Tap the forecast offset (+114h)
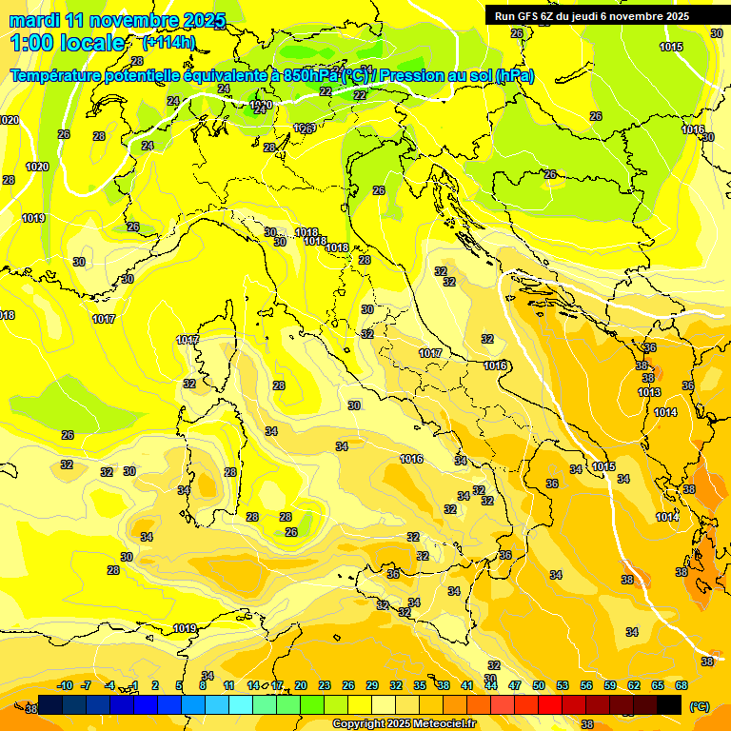[x=168, y=42]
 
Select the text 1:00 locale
[x=68, y=43]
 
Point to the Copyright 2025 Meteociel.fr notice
[x=405, y=723]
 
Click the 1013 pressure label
[x=649, y=392]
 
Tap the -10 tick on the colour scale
[x=66, y=685]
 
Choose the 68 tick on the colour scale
[x=682, y=685]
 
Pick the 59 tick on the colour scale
[x=610, y=685]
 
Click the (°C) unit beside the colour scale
[x=700, y=706]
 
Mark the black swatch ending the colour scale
[x=669, y=704]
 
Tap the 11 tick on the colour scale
[x=228, y=685]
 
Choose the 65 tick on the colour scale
[x=658, y=685]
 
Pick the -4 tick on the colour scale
[x=109, y=685]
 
